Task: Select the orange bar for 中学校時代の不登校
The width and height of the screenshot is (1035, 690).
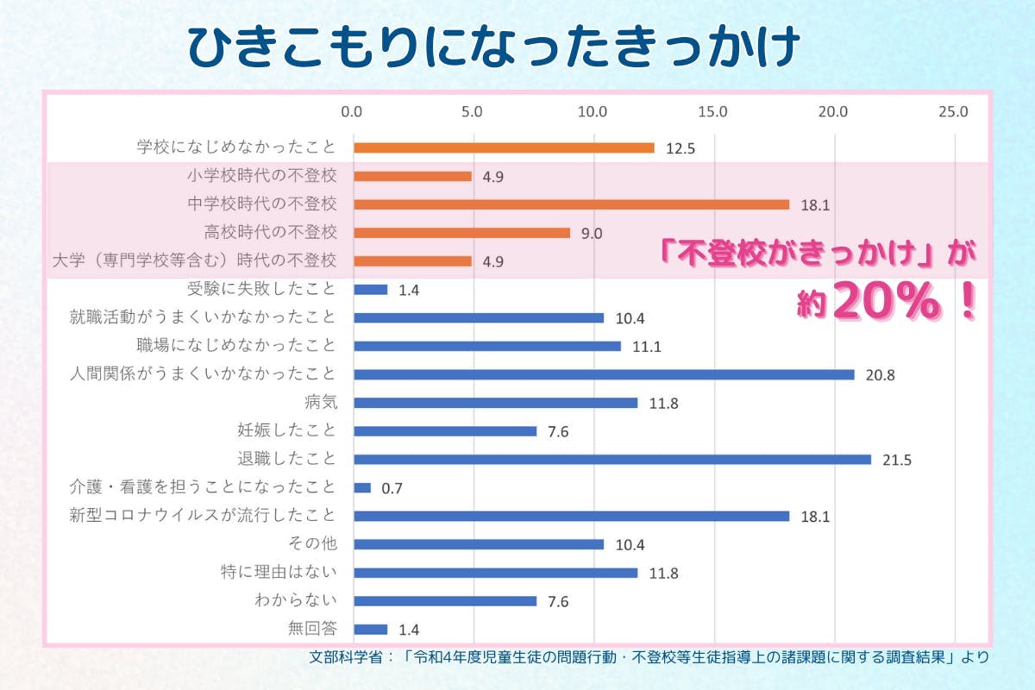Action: [x=571, y=204]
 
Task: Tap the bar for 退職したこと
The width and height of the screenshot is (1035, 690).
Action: [x=612, y=459]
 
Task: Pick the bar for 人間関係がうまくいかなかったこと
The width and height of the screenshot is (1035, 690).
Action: [x=604, y=374]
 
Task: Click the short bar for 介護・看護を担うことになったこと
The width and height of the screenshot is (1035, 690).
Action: [x=362, y=487]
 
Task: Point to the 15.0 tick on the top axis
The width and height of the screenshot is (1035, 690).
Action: [x=713, y=111]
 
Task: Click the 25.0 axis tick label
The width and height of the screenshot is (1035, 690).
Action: [x=954, y=111]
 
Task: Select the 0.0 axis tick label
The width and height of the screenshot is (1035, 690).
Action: [x=352, y=111]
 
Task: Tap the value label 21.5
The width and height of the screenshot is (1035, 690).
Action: [x=897, y=460]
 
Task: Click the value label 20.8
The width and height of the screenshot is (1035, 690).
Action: [x=880, y=375]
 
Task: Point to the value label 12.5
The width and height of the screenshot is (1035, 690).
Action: [x=681, y=148]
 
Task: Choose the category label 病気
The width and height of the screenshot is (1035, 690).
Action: [x=319, y=402]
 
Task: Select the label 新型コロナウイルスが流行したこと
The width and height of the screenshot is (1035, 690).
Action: [x=203, y=516]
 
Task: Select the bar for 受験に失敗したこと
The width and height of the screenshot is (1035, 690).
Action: [x=371, y=290]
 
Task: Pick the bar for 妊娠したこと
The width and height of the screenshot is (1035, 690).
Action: [x=445, y=431]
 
